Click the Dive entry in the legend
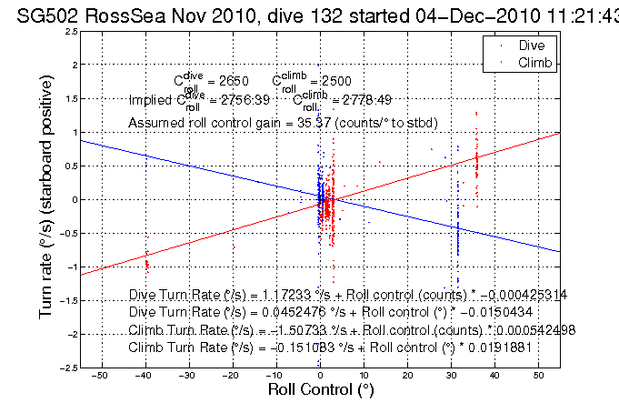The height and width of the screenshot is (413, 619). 530,44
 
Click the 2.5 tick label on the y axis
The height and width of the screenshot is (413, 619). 70,31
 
